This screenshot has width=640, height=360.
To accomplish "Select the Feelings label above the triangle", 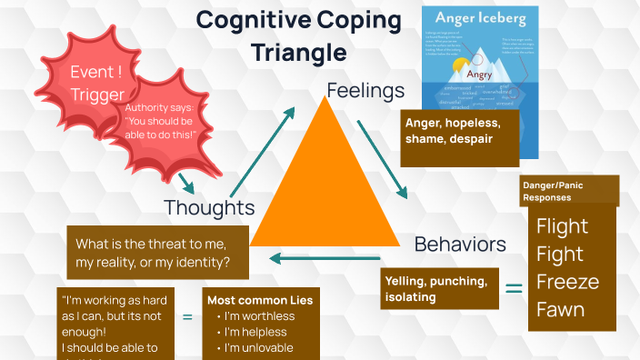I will (365, 91).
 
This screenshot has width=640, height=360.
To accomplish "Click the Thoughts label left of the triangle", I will (208, 207).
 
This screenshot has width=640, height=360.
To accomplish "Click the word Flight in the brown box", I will (562, 226).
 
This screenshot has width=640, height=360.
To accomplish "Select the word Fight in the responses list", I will (560, 254).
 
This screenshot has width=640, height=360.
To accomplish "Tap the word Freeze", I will (567, 281).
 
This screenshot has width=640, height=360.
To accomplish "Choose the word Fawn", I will (560, 309).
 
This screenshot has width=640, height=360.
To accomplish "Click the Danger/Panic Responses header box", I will (569, 191).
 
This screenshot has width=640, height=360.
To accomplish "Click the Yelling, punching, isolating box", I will (440, 288).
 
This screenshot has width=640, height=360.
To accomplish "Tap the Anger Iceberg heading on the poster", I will (480, 17).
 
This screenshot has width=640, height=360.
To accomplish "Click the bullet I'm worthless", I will (255, 316).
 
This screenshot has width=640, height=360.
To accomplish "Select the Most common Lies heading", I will (260, 300).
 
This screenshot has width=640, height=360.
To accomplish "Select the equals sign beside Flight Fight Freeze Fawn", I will (514, 289).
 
